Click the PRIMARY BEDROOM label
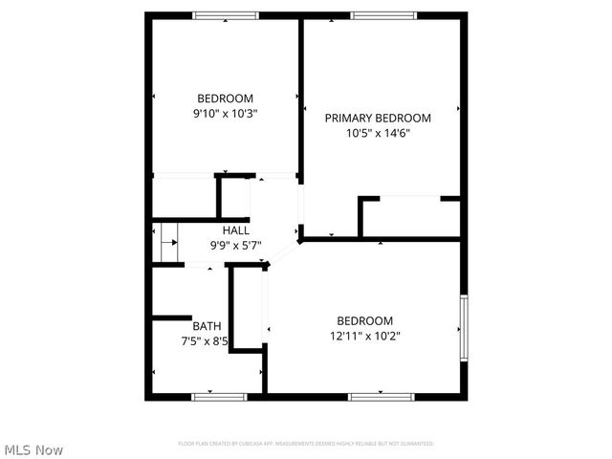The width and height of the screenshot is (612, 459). click(x=378, y=119)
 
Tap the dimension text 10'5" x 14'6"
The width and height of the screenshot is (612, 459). click(x=378, y=134)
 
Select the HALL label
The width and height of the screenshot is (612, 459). click(x=236, y=230)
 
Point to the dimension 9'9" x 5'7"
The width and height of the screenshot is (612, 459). click(x=236, y=245)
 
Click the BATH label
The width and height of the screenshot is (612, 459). click(x=207, y=325)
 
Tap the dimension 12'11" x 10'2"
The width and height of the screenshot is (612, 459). click(x=364, y=336)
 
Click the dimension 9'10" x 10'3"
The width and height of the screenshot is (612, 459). click(x=226, y=113)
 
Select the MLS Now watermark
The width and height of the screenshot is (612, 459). click(x=34, y=449)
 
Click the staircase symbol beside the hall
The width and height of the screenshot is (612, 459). click(x=167, y=242)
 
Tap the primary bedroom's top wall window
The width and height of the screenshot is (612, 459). click(x=382, y=15)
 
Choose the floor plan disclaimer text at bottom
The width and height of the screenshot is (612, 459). click(x=306, y=444)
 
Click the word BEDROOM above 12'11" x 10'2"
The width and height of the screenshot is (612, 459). click(x=364, y=320)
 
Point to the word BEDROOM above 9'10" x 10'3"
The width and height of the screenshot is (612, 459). click(x=226, y=98)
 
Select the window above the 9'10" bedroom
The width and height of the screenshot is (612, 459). click(x=226, y=15)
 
